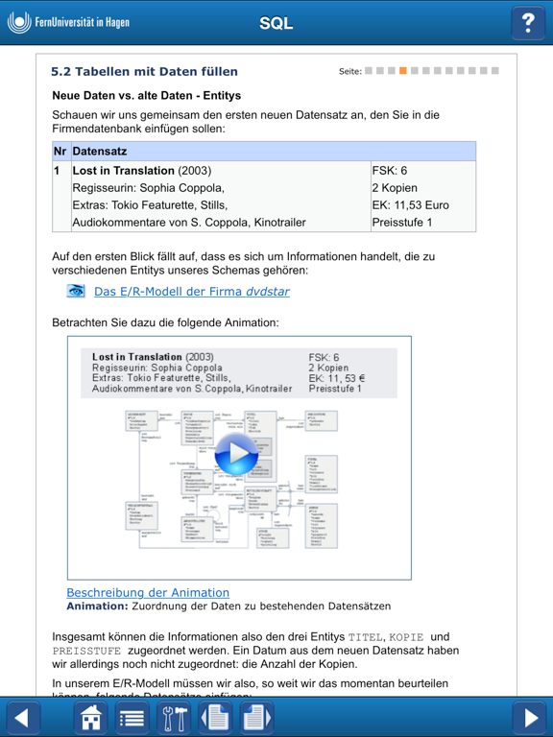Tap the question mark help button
pos(527,23)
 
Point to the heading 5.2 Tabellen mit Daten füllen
pos(144,71)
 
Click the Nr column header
pos(60,152)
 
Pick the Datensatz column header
pos(100,152)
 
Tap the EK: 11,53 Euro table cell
pos(410,205)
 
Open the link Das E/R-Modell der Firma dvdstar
pos(192,292)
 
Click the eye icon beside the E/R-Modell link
pos(76,291)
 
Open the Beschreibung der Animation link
pos(148,592)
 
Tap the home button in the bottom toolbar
pos(90,717)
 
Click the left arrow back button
pos(24,717)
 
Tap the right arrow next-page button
pos(529,717)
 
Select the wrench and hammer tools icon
pos(175,717)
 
